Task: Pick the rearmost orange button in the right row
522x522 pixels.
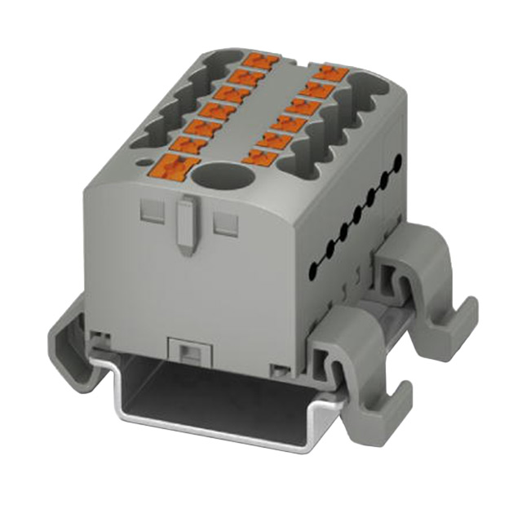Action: point(331,73)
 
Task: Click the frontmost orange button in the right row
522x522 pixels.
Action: point(262,155)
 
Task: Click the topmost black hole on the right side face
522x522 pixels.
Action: point(397,161)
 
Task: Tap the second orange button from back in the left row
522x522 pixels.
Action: point(247,78)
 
